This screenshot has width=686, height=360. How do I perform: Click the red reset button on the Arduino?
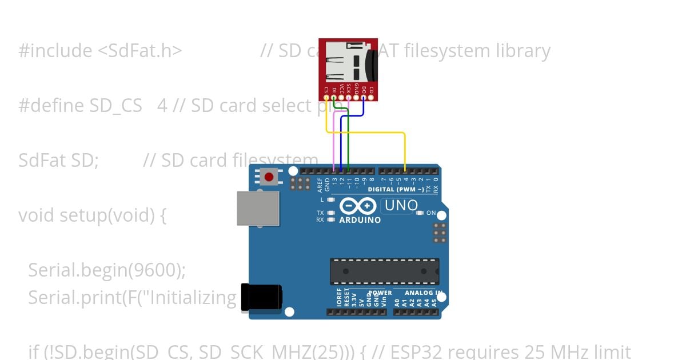pyautogui.click(x=269, y=176)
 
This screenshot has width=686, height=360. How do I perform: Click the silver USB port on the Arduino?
pyautogui.click(x=258, y=209)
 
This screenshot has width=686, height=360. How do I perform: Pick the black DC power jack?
pyautogui.click(x=261, y=298)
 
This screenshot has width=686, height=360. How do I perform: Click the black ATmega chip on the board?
pyautogui.click(x=384, y=271)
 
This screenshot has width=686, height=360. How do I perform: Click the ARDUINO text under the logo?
pyautogui.click(x=360, y=220)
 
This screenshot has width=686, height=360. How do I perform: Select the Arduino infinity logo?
pyautogui.click(x=358, y=206)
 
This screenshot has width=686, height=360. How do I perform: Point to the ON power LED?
pyautogui.click(x=420, y=213)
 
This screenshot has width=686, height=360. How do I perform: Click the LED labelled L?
pyautogui.click(x=331, y=200)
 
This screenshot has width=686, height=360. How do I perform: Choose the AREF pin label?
pyautogui.click(x=320, y=183)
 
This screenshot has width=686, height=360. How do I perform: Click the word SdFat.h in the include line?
pyautogui.click(x=140, y=51)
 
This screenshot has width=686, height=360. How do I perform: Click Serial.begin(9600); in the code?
pyautogui.click(x=107, y=270)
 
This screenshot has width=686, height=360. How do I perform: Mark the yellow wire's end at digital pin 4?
pyautogui.click(x=405, y=170)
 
